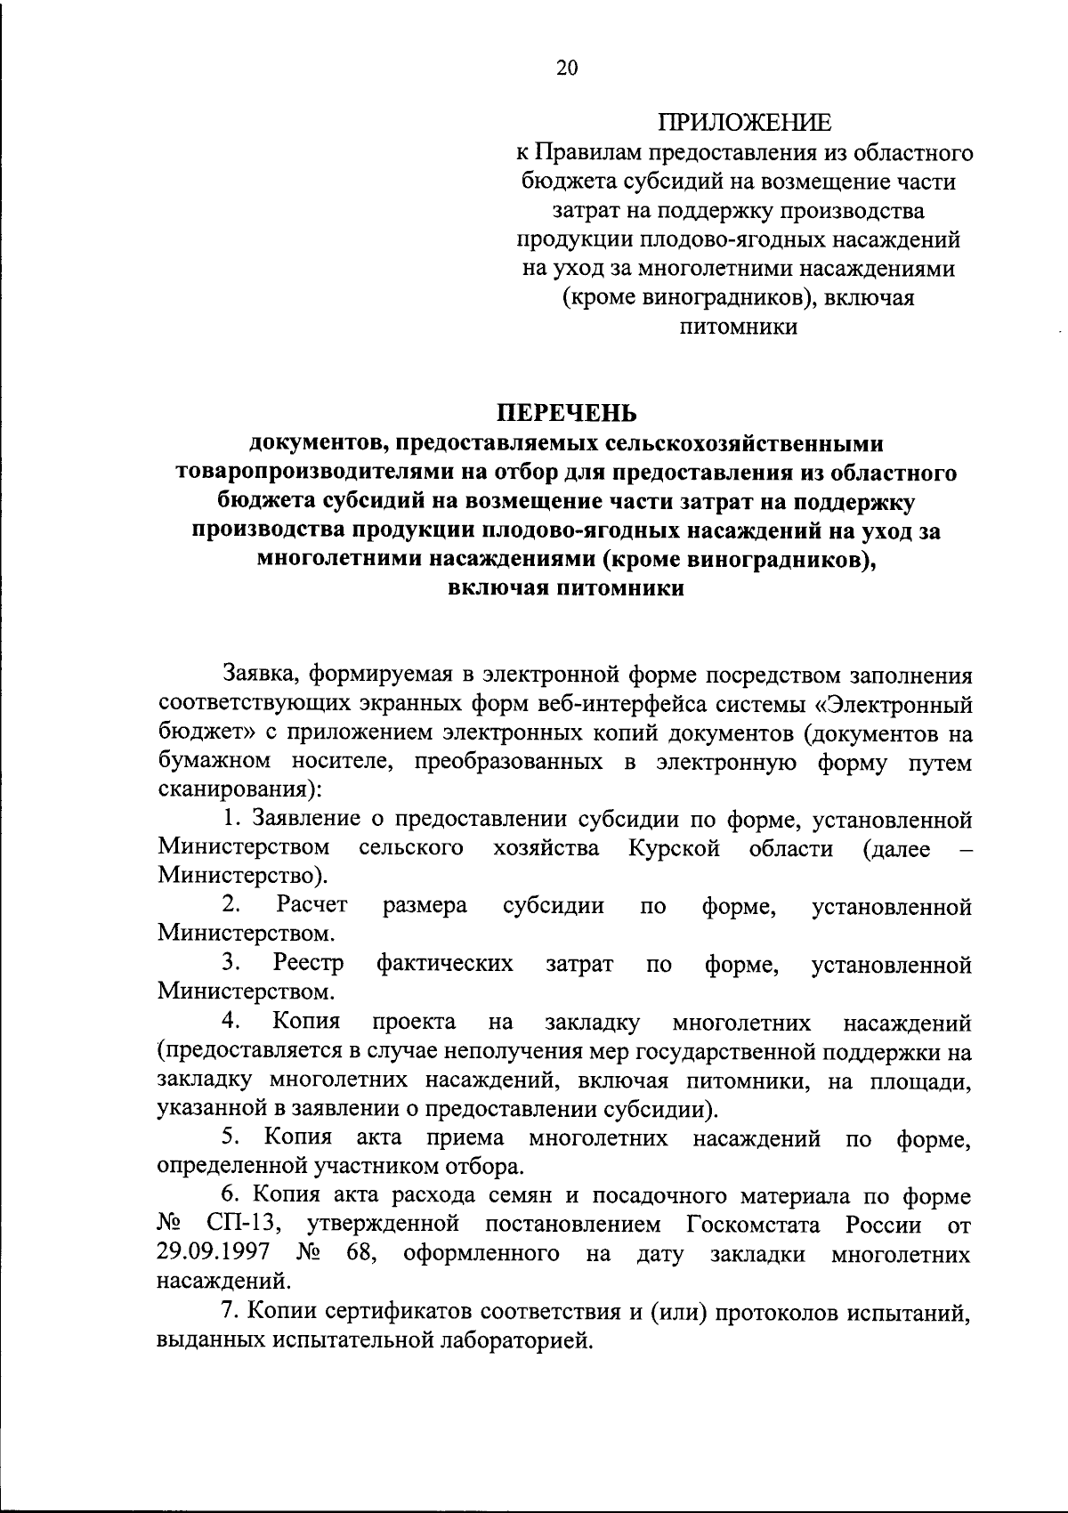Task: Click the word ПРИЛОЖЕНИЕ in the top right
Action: (x=745, y=122)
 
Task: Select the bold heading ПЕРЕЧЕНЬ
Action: (x=566, y=413)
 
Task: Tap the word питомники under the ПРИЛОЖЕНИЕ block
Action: (x=738, y=327)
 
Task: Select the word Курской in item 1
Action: (x=674, y=848)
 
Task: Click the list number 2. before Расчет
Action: (x=233, y=905)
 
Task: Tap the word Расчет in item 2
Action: (x=311, y=905)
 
